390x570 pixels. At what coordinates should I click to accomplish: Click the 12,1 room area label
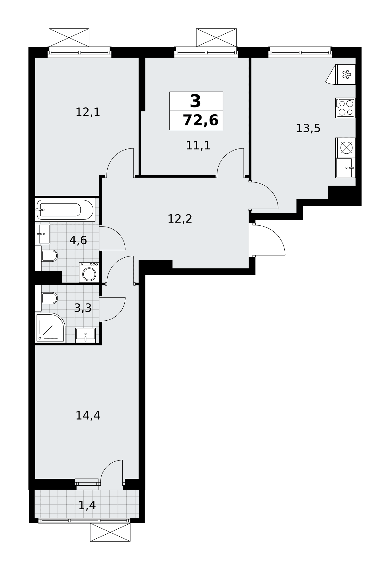(x=88, y=112)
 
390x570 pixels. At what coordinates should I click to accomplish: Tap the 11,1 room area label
(x=198, y=146)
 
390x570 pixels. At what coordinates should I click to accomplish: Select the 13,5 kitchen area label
(x=308, y=128)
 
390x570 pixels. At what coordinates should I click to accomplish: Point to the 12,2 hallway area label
(x=180, y=219)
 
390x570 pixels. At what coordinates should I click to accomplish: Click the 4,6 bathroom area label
(x=78, y=241)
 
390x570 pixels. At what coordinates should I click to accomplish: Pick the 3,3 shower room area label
(x=83, y=308)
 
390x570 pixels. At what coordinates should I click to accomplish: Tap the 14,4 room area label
(x=88, y=416)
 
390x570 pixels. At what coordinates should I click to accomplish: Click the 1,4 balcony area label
(x=87, y=506)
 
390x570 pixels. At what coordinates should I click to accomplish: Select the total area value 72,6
(x=200, y=120)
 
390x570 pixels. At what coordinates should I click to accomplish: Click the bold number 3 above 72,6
(x=195, y=101)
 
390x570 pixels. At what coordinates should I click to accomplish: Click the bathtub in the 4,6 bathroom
(x=65, y=210)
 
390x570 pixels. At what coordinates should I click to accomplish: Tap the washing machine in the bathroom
(x=89, y=272)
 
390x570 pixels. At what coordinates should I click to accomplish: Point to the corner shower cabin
(x=50, y=328)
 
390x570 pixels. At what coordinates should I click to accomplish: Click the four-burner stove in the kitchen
(x=345, y=108)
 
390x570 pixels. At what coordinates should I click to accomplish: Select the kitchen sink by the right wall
(x=345, y=168)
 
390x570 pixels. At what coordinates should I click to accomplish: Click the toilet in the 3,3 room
(x=47, y=298)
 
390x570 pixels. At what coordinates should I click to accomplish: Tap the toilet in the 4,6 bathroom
(x=47, y=256)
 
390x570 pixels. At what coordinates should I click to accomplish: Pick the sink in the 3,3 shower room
(x=85, y=335)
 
